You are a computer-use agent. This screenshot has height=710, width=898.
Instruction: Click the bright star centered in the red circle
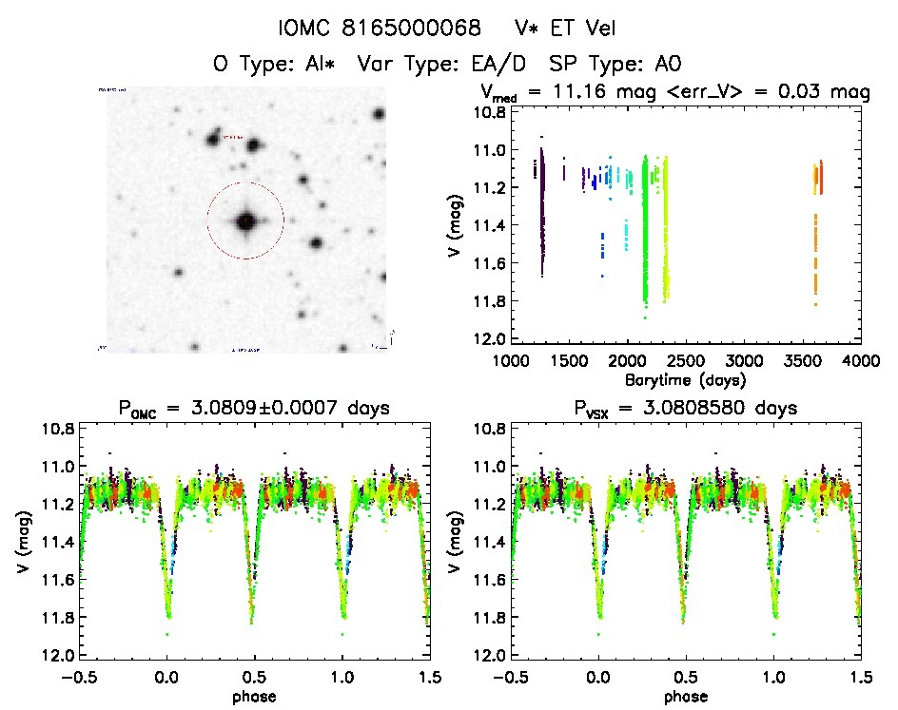click(x=245, y=221)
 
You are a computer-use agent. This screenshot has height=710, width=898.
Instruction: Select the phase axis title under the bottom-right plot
click(x=685, y=695)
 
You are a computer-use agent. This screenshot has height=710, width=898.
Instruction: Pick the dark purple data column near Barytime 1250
click(x=542, y=214)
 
